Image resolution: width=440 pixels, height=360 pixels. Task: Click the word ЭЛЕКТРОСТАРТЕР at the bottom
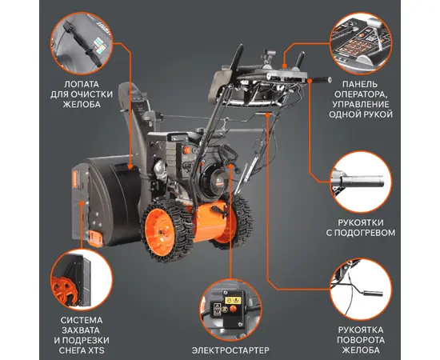point(230,350)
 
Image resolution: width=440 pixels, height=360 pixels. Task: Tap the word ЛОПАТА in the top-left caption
point(82,84)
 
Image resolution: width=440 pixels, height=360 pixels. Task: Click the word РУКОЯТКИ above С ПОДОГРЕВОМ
point(361,222)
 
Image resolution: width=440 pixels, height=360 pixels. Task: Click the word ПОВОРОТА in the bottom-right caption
point(361,340)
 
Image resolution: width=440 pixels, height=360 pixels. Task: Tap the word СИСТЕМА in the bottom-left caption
point(82,320)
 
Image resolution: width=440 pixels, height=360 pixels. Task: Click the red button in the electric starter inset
point(233,310)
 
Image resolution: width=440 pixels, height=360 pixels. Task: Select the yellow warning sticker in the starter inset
point(233,301)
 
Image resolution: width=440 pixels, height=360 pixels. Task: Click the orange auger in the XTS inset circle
point(64,290)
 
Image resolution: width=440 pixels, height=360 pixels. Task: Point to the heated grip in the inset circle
point(361,181)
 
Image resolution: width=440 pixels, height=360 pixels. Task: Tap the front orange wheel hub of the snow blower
point(160,231)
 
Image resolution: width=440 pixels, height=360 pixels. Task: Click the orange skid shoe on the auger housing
point(94,238)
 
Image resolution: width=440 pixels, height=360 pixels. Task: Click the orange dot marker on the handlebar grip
point(310,81)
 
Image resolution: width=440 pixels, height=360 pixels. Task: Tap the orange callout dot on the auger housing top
point(130,166)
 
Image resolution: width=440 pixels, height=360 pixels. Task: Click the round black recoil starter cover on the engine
point(211,180)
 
